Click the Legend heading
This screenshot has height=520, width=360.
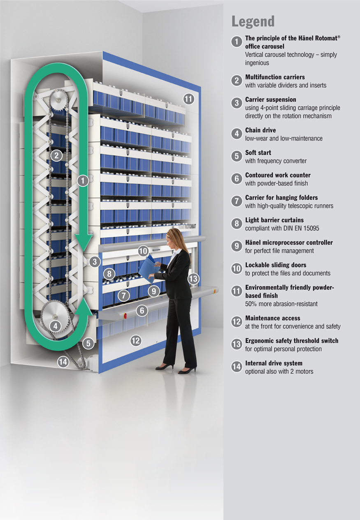253,22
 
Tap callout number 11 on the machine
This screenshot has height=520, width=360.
188,99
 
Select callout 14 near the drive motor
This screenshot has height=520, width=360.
63,362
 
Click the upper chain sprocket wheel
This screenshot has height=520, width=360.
58,100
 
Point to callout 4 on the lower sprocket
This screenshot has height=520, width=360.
55,326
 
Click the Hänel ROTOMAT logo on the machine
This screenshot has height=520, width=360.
187,226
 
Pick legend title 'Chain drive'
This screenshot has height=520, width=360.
260,130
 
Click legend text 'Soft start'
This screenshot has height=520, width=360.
258,153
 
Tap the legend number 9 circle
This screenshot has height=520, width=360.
237,246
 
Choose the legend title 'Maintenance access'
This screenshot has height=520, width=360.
273,318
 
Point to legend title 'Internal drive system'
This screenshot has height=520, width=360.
274,363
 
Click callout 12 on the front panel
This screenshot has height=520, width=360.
136,341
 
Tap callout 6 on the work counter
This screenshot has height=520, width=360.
142,310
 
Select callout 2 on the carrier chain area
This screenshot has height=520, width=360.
56,155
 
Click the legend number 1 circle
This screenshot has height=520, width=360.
237,42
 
